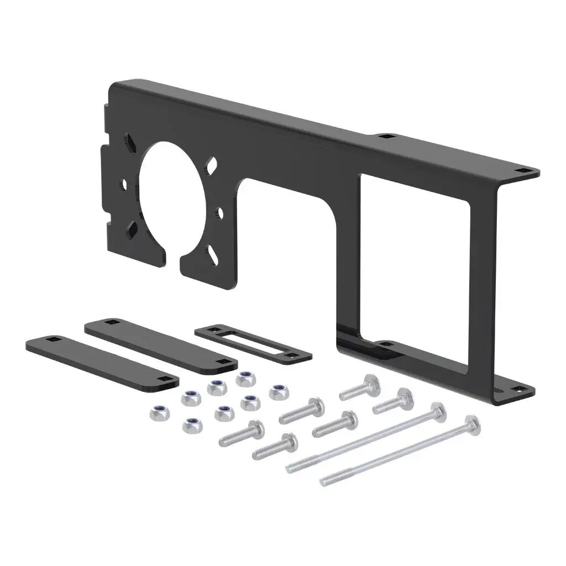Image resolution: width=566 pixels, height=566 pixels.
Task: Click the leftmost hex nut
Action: point(156,411)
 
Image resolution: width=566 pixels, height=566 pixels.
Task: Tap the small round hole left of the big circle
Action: point(123,182)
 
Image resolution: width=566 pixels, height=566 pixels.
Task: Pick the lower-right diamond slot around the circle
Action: point(211,253)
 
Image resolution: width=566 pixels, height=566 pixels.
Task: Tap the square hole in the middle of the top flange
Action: point(387,135)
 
